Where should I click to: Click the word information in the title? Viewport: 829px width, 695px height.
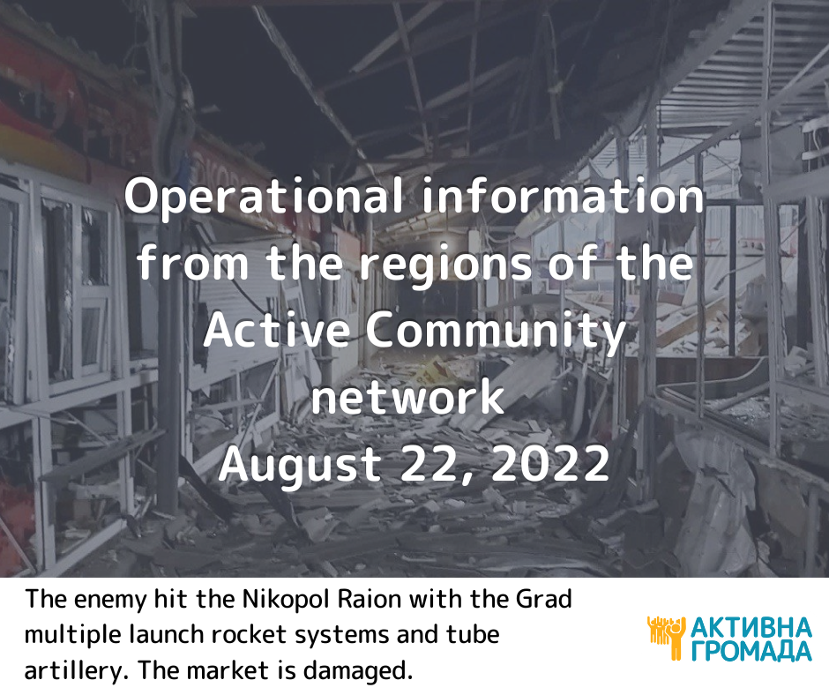pos(564,196)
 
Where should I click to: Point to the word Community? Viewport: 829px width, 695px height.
pos(497,333)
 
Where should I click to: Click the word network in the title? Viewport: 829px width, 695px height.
pos(407,398)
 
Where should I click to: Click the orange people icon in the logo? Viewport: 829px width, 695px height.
pos(666,638)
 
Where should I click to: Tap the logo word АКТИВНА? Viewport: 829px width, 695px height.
pos(751,628)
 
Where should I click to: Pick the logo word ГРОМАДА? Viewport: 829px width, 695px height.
pos(751,651)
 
